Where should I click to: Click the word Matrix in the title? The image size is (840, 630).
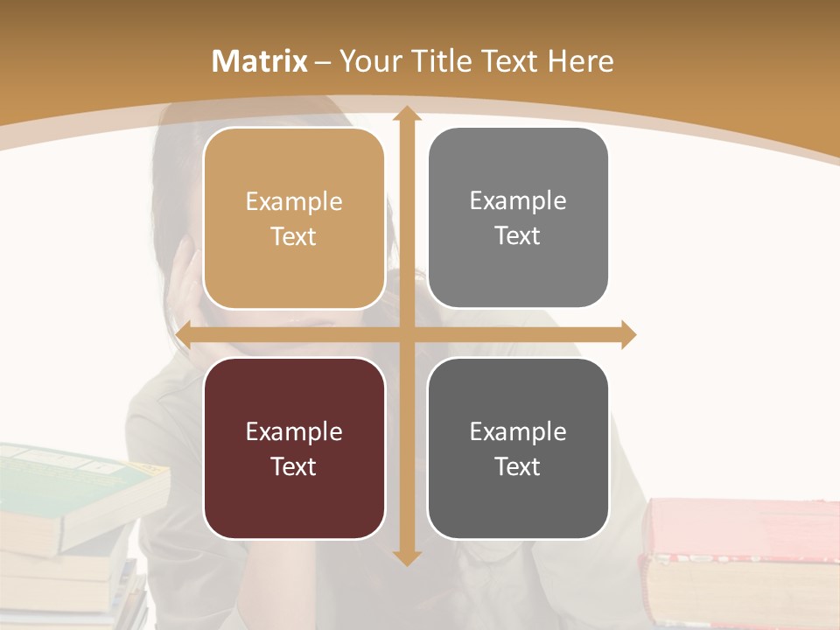pyautogui.click(x=260, y=61)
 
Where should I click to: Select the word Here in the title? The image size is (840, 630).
pyautogui.click(x=580, y=61)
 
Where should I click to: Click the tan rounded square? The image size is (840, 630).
pyautogui.click(x=294, y=219)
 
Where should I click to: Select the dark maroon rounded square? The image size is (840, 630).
pyautogui.click(x=294, y=448)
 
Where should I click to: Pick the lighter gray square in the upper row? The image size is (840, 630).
pyautogui.click(x=518, y=218)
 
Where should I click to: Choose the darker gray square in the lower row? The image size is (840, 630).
pyautogui.click(x=518, y=448)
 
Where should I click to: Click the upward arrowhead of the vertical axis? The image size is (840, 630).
pyautogui.click(x=406, y=115)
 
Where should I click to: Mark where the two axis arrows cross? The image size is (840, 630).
pyautogui.click(x=406, y=334)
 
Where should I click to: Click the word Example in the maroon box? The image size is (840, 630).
pyautogui.click(x=294, y=431)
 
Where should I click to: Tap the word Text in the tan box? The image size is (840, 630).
pyautogui.click(x=294, y=236)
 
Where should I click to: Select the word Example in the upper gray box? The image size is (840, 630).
pyautogui.click(x=518, y=200)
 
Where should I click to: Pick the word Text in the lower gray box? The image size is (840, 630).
pyautogui.click(x=518, y=466)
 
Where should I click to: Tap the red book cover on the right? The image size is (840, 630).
pyautogui.click(x=744, y=525)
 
